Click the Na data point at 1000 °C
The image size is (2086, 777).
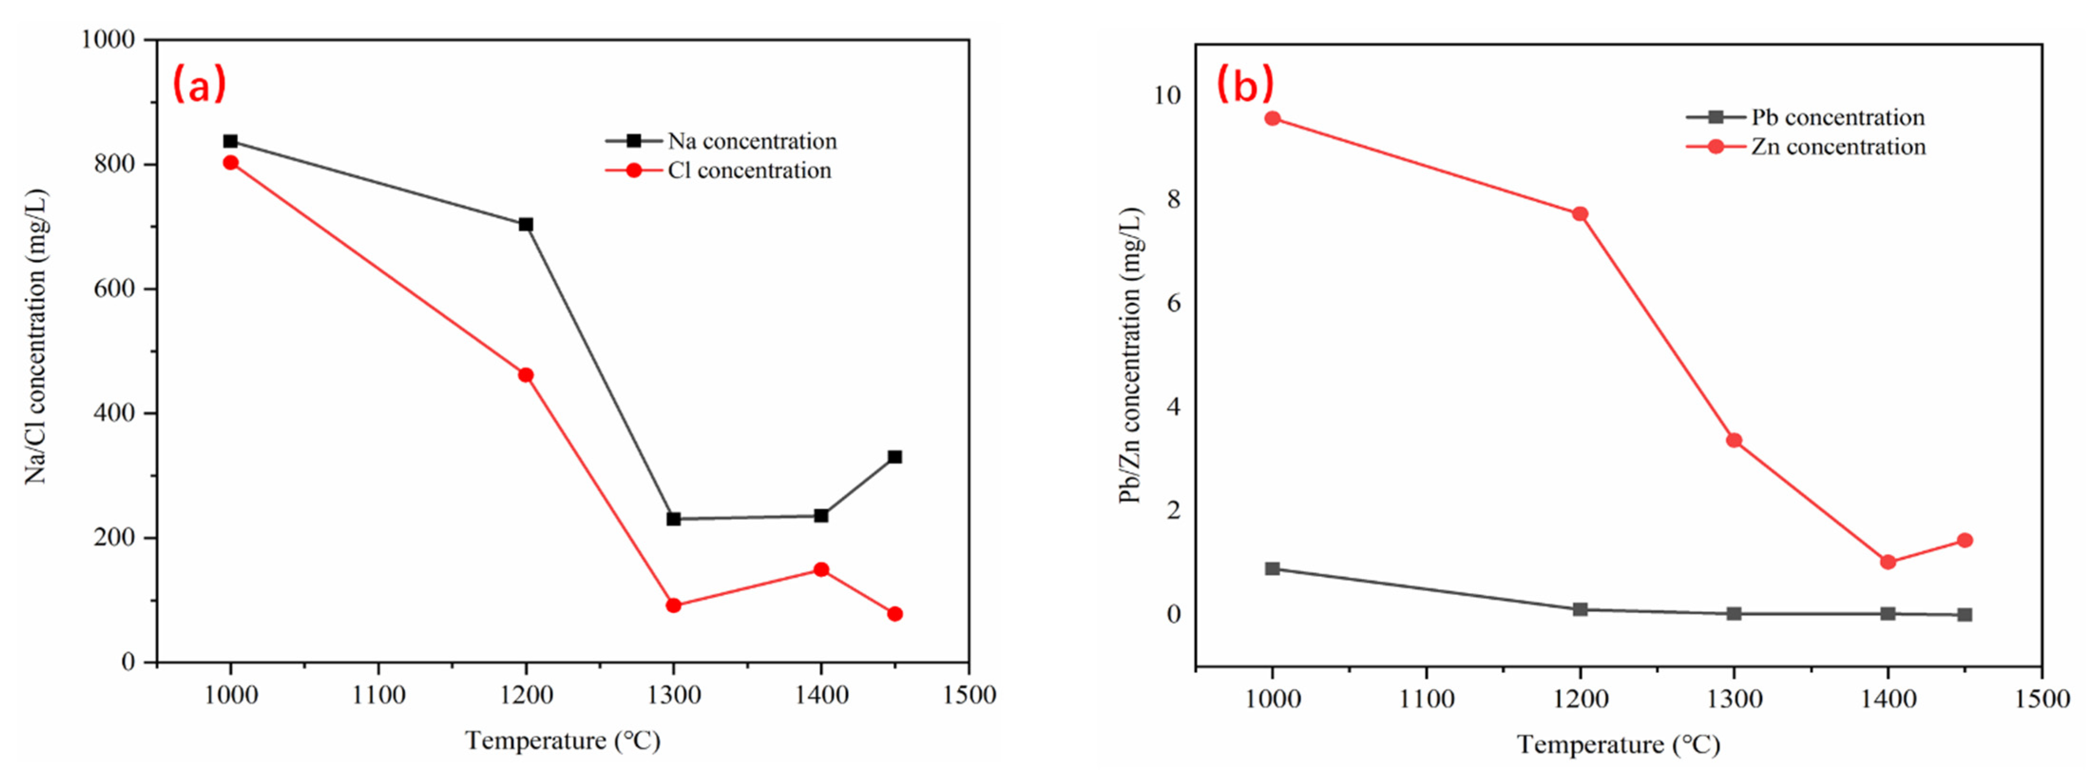click(x=231, y=142)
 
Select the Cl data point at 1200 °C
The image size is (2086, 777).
click(x=526, y=375)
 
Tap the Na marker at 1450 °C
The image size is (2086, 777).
click(x=895, y=457)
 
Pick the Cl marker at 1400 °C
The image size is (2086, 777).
click(x=821, y=570)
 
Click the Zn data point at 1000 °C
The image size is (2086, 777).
click(x=1272, y=118)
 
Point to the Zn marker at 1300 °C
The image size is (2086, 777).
click(x=1734, y=441)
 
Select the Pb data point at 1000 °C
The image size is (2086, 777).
click(x=1272, y=569)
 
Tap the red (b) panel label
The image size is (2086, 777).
click(x=1244, y=84)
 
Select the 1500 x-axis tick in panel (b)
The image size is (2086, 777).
click(x=2041, y=699)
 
